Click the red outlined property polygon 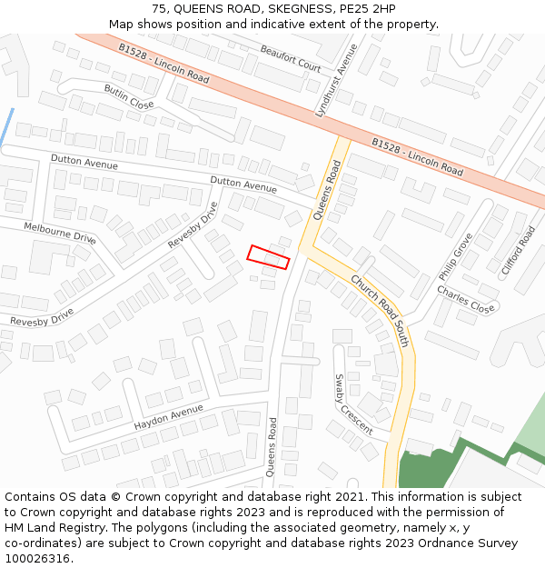click(269, 257)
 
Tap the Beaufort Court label click(291, 59)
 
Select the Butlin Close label click(128, 97)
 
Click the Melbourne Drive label click(60, 233)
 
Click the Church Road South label click(380, 311)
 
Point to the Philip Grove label click(455, 257)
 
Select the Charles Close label click(466, 299)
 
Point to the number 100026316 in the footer click(37, 559)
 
